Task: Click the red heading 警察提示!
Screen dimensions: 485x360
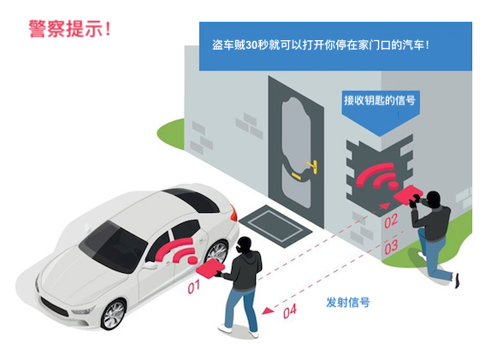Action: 69,29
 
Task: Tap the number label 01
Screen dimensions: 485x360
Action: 193,286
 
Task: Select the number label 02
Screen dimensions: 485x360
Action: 391,221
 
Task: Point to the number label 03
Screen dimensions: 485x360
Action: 391,247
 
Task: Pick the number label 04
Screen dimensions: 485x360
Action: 290,310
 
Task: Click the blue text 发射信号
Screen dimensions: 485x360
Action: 348,302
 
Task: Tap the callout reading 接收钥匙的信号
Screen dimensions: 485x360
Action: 380,100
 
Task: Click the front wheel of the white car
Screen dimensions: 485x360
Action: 114,314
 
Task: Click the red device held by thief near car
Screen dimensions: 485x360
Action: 210,268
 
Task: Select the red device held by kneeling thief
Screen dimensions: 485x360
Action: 408,194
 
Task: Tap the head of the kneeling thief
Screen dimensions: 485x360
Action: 434,199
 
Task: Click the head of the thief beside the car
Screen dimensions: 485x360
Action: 245,245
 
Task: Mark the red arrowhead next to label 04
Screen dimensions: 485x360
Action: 268,310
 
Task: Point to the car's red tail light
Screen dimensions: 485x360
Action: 234,213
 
